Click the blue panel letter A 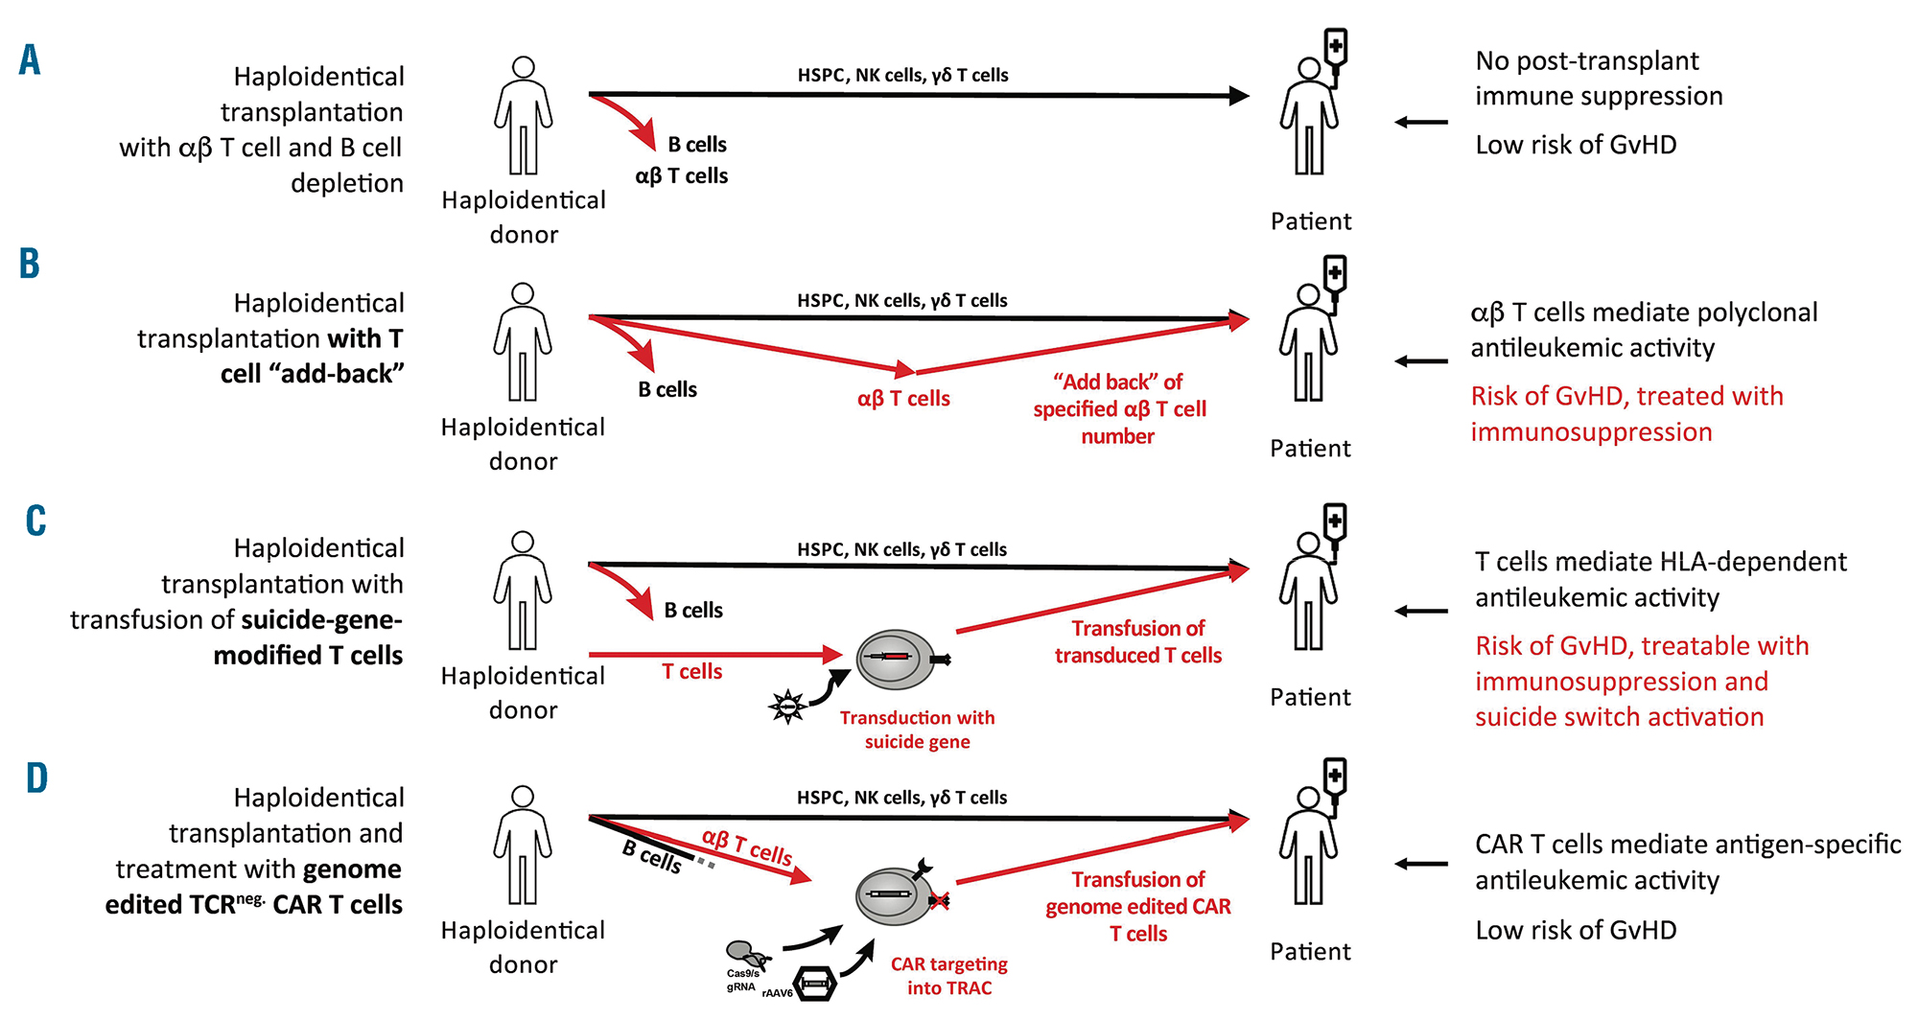[x=30, y=59]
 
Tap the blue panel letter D [x=36, y=777]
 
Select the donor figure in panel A [x=523, y=116]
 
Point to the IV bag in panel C [x=1334, y=522]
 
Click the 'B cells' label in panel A [x=697, y=145]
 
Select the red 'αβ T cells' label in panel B [x=903, y=399]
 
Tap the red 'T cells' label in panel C [x=691, y=672]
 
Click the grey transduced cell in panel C [x=894, y=660]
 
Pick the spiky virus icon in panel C [x=787, y=707]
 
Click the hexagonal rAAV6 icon [x=814, y=984]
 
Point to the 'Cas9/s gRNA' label [x=741, y=980]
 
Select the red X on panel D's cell [x=939, y=900]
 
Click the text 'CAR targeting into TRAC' [x=948, y=976]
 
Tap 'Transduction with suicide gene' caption [x=917, y=730]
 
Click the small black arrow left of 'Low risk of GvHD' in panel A [x=1421, y=122]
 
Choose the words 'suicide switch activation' [x=1619, y=717]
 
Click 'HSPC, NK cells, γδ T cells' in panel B [x=901, y=300]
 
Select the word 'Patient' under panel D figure [x=1310, y=951]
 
